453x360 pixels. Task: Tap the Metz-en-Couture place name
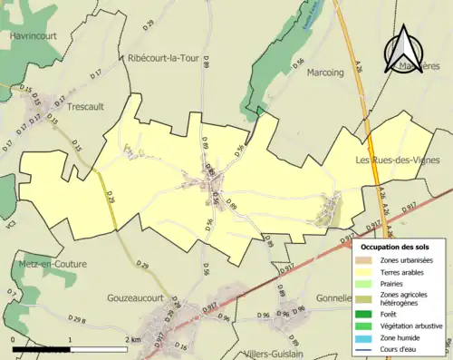[x=48, y=264]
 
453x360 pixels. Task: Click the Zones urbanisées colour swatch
[x=366, y=261]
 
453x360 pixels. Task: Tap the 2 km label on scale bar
[x=132, y=338]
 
